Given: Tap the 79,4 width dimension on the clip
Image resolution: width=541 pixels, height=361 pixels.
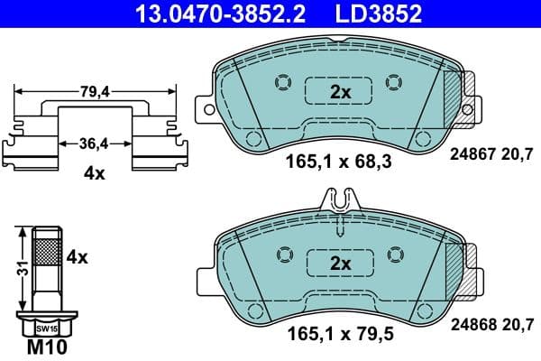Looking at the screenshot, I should [95, 90].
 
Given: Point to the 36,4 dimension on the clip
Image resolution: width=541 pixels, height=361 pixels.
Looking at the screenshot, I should [95, 143].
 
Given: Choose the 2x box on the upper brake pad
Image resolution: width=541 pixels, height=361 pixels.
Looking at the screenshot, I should [339, 92].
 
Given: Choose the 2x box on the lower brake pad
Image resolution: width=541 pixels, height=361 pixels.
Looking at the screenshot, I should [339, 264].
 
